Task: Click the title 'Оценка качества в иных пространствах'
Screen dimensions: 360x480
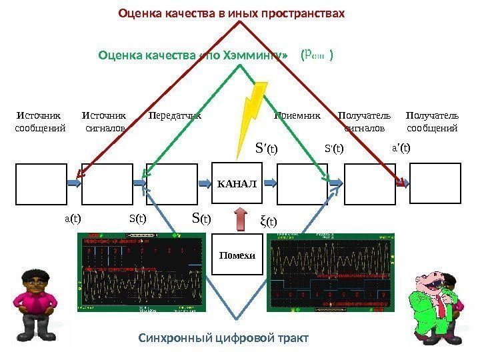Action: (x=231, y=13)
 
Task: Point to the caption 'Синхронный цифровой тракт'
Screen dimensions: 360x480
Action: (x=224, y=338)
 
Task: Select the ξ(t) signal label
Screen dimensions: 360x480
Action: (x=268, y=221)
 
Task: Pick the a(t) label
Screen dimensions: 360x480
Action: (x=72, y=217)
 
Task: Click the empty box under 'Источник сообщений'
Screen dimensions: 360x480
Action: (x=41, y=182)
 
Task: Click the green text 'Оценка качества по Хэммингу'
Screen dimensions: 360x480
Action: (x=193, y=55)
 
